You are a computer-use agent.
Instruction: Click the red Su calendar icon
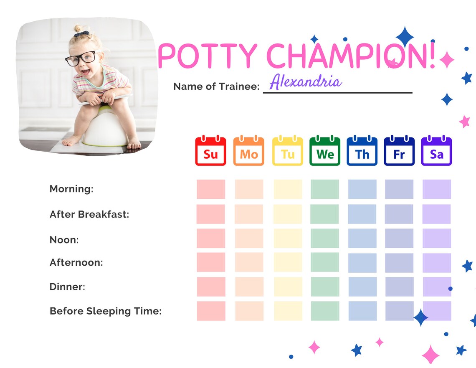click(211, 151)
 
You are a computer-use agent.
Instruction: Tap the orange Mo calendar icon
click(249, 151)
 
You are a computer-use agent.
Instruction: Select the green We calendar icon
click(325, 151)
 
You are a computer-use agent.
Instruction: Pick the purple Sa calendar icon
click(436, 151)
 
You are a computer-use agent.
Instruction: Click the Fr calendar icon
click(399, 151)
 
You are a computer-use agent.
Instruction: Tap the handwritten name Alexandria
click(306, 81)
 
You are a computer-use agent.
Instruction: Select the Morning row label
click(71, 189)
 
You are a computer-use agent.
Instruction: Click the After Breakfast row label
click(89, 214)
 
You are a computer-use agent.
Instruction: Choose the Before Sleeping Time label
click(105, 311)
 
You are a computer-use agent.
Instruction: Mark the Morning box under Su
click(211, 189)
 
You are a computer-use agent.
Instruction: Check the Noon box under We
click(325, 238)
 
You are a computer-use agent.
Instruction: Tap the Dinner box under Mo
click(249, 287)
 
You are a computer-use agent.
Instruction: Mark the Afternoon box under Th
click(362, 262)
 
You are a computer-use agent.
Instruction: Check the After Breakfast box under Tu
click(288, 214)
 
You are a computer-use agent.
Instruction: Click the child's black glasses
click(81, 58)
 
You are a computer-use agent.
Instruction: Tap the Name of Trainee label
click(216, 86)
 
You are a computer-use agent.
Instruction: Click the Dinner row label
click(67, 287)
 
